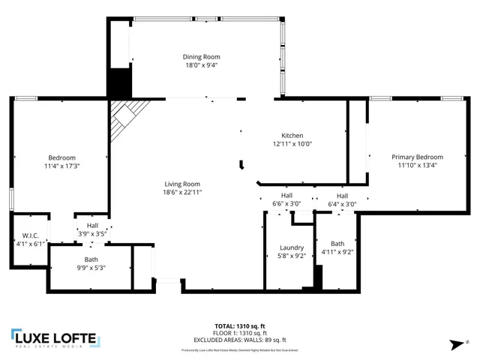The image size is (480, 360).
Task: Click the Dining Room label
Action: [x=202, y=56]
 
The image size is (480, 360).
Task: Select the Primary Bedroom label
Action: [x=417, y=157]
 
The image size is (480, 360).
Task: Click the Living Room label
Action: [x=183, y=183]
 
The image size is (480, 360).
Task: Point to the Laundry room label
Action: [x=291, y=247]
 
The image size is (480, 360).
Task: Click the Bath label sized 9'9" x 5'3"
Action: [x=91, y=259]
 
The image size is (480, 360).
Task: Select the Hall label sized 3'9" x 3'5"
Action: [x=92, y=225]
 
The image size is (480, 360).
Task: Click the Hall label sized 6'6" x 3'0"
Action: [x=286, y=194]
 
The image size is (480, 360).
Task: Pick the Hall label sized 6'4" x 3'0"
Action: [x=341, y=194]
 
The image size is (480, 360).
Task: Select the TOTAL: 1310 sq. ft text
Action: [x=239, y=325]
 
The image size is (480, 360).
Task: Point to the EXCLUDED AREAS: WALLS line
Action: [x=239, y=338]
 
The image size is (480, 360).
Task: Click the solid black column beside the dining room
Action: [x=118, y=82]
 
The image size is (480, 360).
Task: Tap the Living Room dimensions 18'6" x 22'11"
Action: [x=183, y=192]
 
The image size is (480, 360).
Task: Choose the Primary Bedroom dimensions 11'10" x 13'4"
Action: [x=417, y=166]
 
